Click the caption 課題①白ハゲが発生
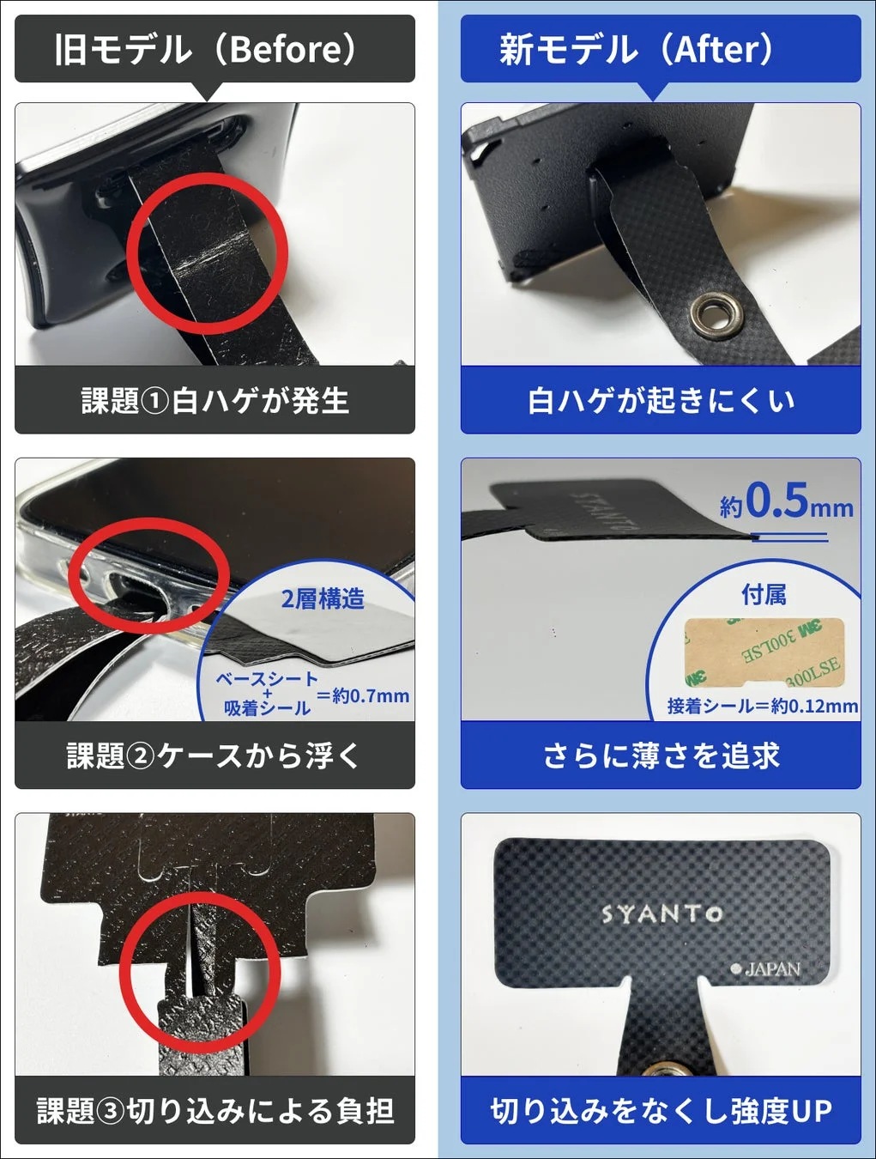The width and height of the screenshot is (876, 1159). pyautogui.click(x=214, y=400)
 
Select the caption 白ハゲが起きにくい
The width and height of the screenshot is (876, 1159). pyautogui.click(x=660, y=400)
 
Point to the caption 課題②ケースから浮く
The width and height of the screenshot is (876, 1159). pyautogui.click(x=214, y=755)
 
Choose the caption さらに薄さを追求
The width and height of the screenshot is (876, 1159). pyautogui.click(x=660, y=755)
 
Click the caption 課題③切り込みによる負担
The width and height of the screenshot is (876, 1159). pyautogui.click(x=214, y=1110)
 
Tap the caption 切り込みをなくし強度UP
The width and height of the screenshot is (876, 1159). pyautogui.click(x=660, y=1110)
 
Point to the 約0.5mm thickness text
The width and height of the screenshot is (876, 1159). pyautogui.click(x=787, y=501)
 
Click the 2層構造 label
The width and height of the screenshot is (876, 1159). pyautogui.click(x=323, y=598)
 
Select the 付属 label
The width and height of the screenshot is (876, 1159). pyautogui.click(x=763, y=594)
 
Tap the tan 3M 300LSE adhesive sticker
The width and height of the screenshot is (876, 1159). pyautogui.click(x=764, y=652)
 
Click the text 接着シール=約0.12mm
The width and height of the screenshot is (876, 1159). pyautogui.click(x=762, y=706)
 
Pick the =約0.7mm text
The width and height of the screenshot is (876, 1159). pyautogui.click(x=363, y=695)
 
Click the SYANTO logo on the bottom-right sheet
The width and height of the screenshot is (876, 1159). pyautogui.click(x=662, y=913)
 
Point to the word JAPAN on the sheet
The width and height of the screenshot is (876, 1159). pyautogui.click(x=771, y=969)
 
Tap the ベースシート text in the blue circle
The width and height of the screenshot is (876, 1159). pyautogui.click(x=266, y=678)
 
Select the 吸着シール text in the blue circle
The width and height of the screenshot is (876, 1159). pyautogui.click(x=267, y=708)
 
